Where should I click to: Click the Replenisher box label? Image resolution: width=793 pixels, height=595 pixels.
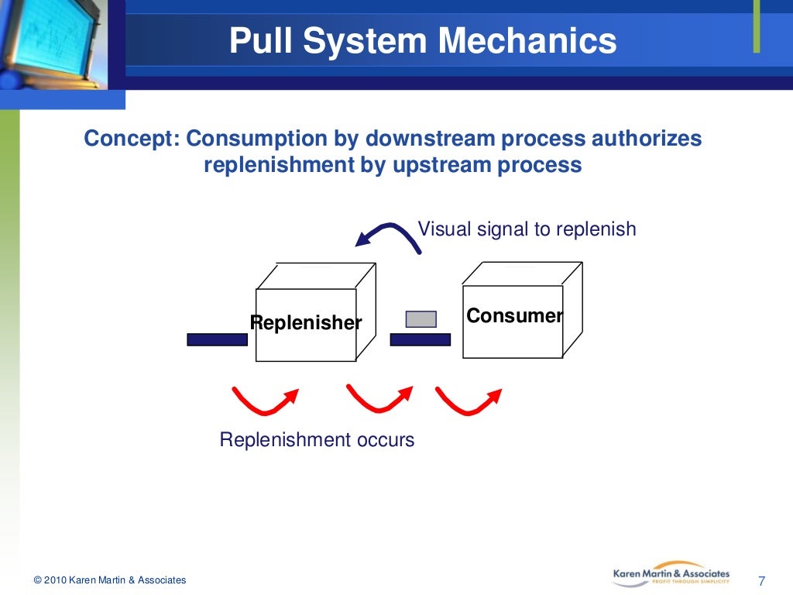click(x=306, y=323)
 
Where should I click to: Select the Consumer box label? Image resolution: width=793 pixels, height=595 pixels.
click(x=513, y=316)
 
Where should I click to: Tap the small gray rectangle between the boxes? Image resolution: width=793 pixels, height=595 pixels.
click(x=421, y=319)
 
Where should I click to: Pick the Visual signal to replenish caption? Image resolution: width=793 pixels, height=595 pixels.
click(x=527, y=229)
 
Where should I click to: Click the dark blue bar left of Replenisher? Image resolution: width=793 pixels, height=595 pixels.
click(x=217, y=339)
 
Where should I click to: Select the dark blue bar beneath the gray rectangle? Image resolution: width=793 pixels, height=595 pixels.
click(x=420, y=339)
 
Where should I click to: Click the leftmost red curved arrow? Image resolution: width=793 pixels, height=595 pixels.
click(x=264, y=400)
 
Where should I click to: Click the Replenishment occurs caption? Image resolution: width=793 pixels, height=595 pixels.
click(x=317, y=440)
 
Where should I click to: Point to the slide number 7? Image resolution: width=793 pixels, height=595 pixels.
click(x=761, y=581)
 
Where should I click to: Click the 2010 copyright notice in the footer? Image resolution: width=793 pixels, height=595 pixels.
click(x=110, y=580)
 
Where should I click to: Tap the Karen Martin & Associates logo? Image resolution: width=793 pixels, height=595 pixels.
click(x=671, y=574)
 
